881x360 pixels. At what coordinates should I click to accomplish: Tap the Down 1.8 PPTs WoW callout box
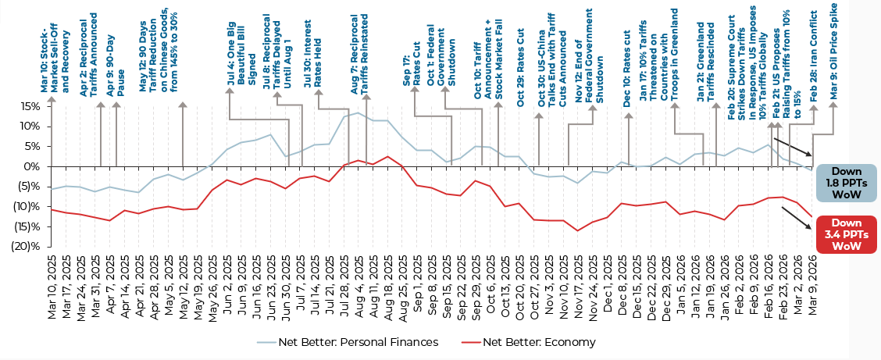pos(846,182)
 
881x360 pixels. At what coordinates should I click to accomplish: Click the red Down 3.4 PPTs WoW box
pos(846,233)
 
